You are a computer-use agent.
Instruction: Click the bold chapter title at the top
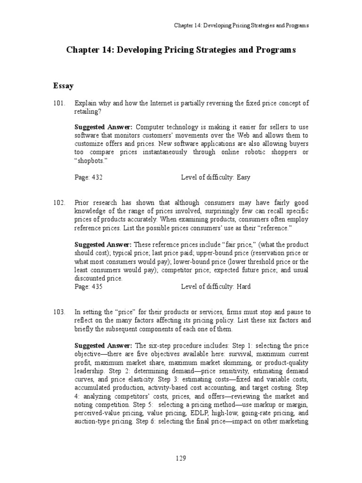181,50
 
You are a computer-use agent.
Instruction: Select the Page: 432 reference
89,178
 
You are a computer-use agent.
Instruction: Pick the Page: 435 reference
89,287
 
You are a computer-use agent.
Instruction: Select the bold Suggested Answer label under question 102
103,244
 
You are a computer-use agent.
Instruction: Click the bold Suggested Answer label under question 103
103,345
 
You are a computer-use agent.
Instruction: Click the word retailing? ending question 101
88,112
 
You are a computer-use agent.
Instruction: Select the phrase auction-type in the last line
93,422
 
